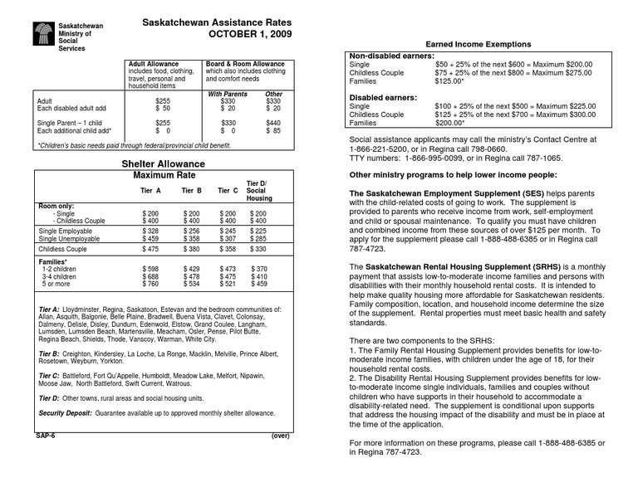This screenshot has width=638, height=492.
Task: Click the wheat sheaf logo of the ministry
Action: click(43, 36)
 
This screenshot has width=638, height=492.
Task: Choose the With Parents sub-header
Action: click(227, 95)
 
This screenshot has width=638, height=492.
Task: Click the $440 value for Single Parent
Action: click(273, 122)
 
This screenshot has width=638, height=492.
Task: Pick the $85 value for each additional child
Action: click(273, 130)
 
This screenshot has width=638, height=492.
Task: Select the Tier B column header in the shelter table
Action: click(192, 191)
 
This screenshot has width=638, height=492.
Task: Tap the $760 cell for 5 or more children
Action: click(150, 284)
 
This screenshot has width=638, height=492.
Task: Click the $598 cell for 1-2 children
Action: click(150, 269)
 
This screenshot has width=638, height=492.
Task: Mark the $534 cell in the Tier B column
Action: click(191, 284)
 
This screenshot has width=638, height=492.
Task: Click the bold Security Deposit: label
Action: click(65, 412)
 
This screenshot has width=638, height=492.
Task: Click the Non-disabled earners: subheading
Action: click(392, 55)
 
